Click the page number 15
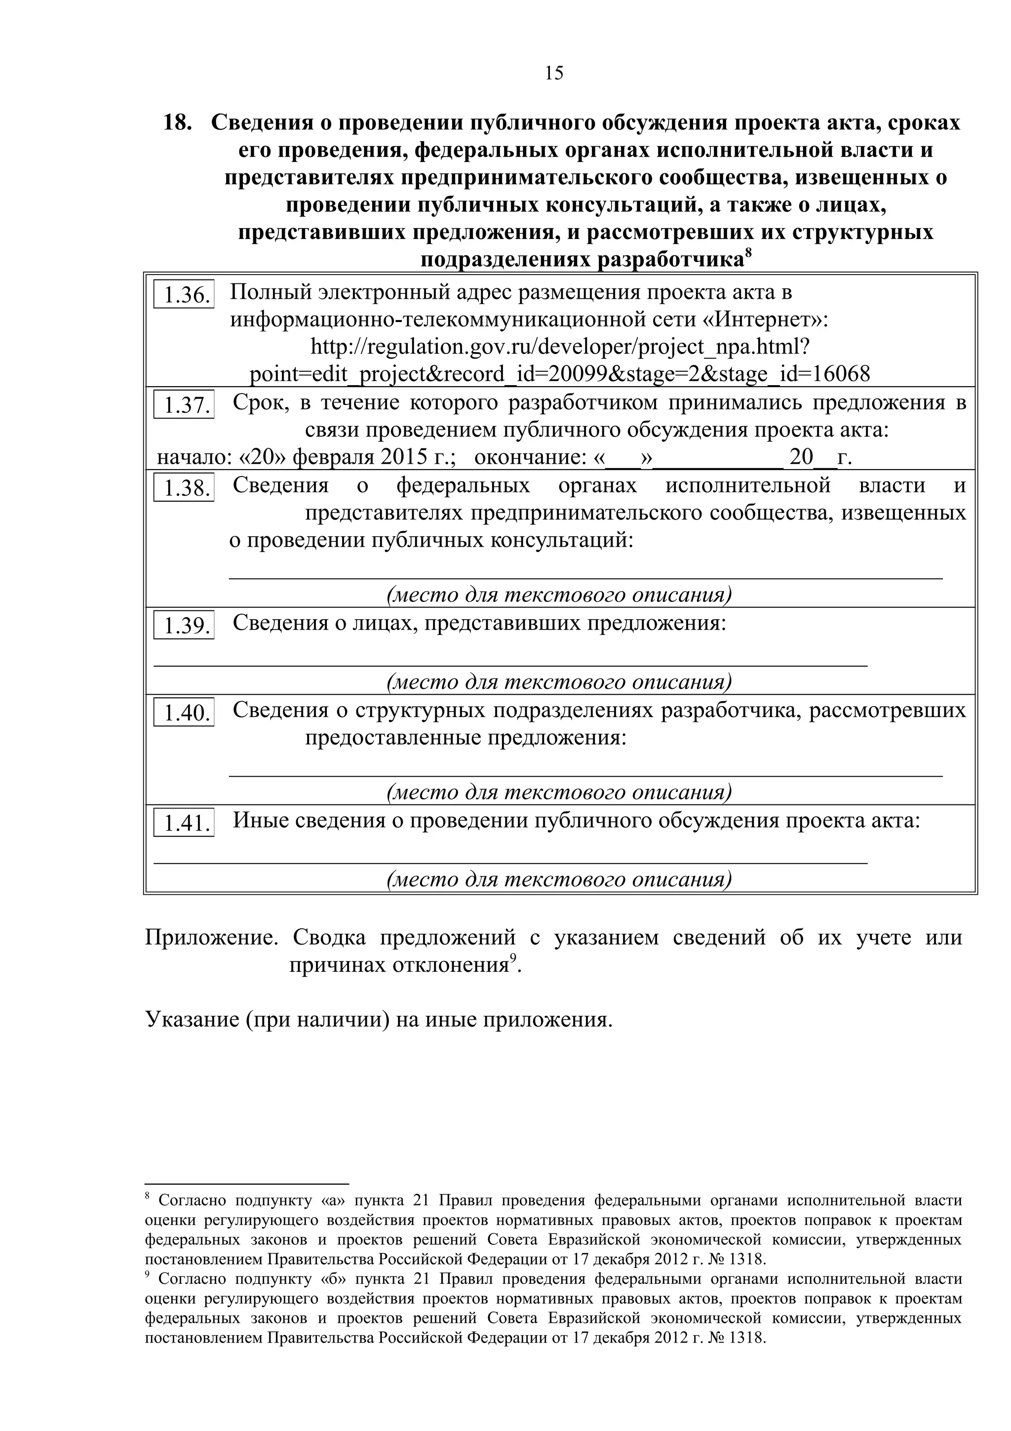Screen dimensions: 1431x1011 (553, 74)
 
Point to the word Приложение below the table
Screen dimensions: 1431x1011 (211, 937)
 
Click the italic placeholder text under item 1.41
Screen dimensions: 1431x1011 (559, 879)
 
